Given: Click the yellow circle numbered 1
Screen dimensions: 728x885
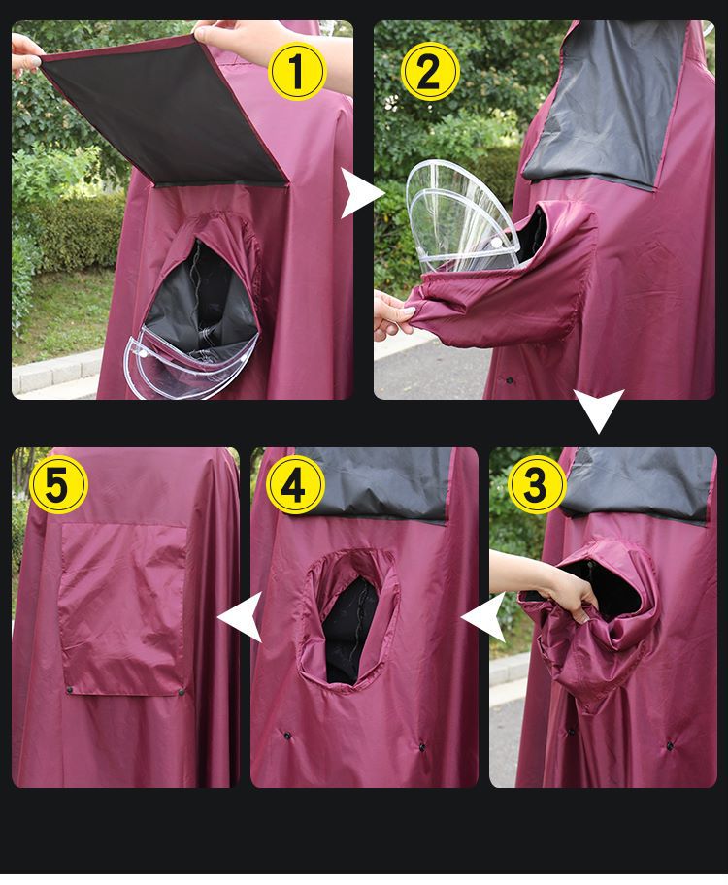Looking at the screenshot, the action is tap(296, 72).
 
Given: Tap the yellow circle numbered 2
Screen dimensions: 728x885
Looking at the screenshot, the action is tap(430, 72).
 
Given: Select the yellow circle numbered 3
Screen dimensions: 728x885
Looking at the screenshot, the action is tap(537, 484).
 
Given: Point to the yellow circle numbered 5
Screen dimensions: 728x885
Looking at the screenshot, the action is tap(58, 484).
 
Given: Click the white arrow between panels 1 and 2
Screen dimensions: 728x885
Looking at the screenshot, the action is tap(360, 194).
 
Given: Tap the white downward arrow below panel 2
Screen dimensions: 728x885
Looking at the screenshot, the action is tap(599, 410).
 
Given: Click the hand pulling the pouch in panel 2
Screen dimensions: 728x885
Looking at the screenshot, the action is tap(394, 316).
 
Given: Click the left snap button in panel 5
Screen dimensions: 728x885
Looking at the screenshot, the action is tap(70, 690).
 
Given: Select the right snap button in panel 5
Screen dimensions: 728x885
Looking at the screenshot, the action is tap(182, 691).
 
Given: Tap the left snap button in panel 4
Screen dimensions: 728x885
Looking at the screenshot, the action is tap(287, 736).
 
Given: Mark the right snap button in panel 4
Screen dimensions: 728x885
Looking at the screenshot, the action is tap(422, 747).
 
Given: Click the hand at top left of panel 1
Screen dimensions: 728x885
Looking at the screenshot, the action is tap(26, 53).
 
